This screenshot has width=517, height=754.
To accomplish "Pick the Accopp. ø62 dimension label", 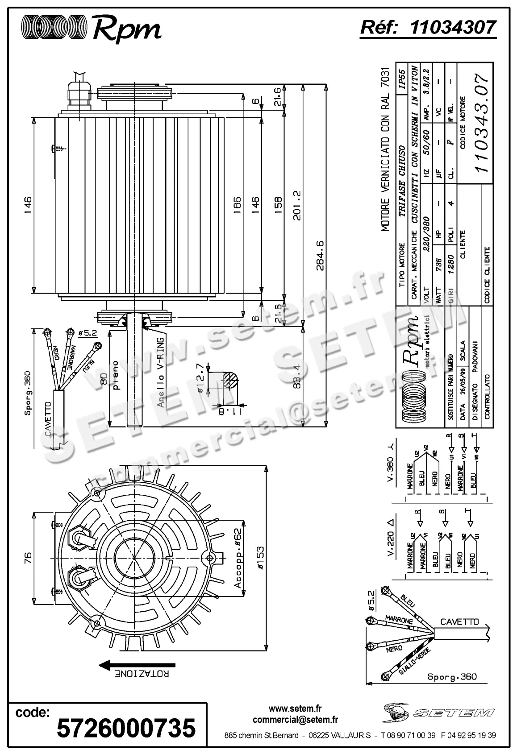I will coord(238,558).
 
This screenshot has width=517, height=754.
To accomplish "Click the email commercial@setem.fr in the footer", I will coord(295,720).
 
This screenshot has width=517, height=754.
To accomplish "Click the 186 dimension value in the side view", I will coord(237,205).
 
